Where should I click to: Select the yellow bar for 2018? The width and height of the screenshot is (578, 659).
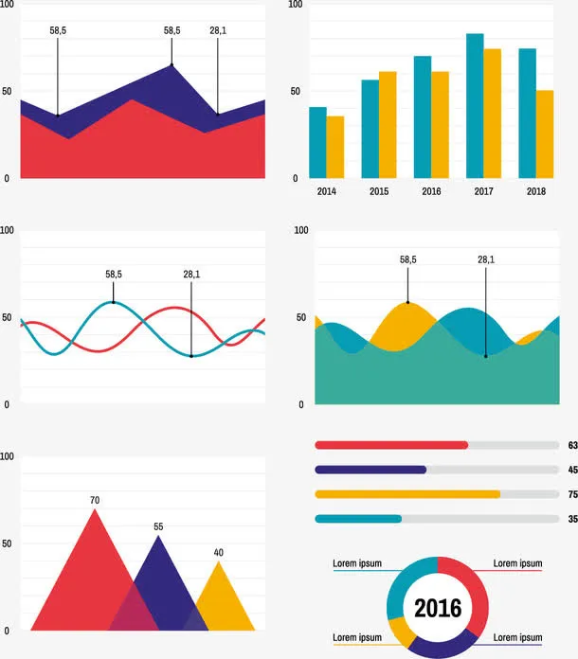click(544, 134)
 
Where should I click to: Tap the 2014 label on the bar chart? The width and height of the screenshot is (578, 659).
click(326, 191)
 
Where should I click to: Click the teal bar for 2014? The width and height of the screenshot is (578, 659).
click(317, 142)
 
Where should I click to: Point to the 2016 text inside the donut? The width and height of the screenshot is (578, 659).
click(438, 608)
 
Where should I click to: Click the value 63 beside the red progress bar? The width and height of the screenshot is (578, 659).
click(572, 445)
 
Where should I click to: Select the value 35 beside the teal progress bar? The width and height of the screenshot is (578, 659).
click(572, 519)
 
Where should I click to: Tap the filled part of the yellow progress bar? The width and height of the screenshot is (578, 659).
click(407, 494)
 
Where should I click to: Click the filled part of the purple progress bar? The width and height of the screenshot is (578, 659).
click(370, 470)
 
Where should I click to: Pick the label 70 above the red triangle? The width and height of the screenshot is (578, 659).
click(95, 500)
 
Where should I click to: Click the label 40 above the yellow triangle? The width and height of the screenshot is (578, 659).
click(219, 553)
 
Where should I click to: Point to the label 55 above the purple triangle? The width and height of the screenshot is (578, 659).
click(158, 526)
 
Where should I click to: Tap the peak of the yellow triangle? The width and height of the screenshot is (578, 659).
click(219, 563)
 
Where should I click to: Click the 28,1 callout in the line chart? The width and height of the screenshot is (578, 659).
click(191, 275)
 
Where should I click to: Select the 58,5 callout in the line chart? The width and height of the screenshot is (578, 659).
click(114, 275)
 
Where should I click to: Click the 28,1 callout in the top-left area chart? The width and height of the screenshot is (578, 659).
click(218, 30)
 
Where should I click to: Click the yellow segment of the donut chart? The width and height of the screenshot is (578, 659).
click(399, 631)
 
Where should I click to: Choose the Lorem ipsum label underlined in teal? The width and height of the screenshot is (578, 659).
click(357, 563)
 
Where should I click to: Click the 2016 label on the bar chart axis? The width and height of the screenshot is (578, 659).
click(431, 191)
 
